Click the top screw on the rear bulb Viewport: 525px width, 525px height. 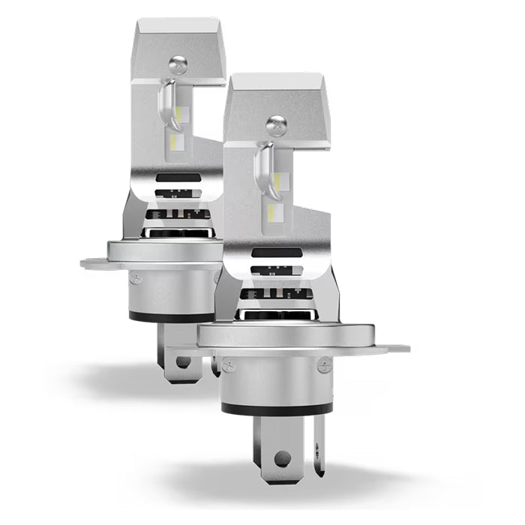(175, 66)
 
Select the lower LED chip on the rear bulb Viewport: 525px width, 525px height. (178, 141)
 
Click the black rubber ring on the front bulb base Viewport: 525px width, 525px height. (277, 409)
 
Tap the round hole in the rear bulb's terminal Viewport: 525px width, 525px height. (183, 361)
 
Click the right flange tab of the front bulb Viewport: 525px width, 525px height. (394, 349)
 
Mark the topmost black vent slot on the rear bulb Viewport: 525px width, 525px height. (177, 178)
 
